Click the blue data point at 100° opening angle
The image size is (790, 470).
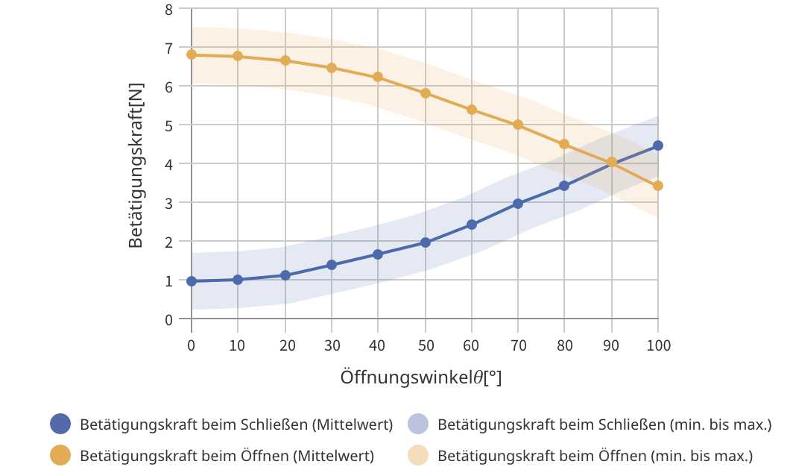pyautogui.click(x=658, y=145)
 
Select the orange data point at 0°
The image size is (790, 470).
pyautogui.click(x=192, y=54)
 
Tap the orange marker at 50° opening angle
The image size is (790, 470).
pyautogui.click(x=426, y=93)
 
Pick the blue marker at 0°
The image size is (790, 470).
pyautogui.click(x=192, y=281)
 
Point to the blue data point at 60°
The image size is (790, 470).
pyautogui.click(x=472, y=225)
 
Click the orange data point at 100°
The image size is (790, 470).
pyautogui.click(x=658, y=186)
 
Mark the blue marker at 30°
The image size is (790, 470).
pyautogui.click(x=332, y=265)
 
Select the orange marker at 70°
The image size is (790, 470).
pyautogui.click(x=518, y=125)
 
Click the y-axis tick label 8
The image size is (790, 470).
pyautogui.click(x=168, y=10)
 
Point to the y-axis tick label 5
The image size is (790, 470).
pyautogui.click(x=168, y=125)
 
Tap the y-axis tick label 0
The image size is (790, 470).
pyautogui.click(x=168, y=319)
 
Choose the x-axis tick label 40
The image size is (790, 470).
pyautogui.click(x=378, y=345)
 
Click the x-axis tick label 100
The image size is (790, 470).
pyautogui.click(x=658, y=345)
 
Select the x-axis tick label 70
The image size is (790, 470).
pyautogui.click(x=518, y=345)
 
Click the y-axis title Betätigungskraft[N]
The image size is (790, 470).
pyautogui.click(x=136, y=164)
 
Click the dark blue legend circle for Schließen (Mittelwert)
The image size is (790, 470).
pyautogui.click(x=60, y=424)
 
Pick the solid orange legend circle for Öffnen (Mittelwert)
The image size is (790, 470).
pyautogui.click(x=60, y=454)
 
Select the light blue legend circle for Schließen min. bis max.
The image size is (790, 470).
pyautogui.click(x=418, y=424)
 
